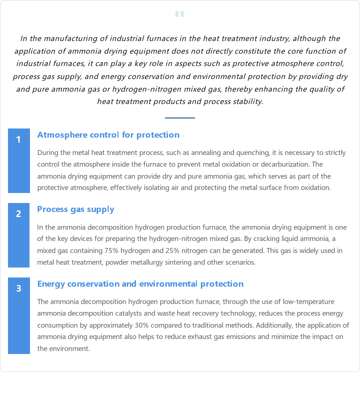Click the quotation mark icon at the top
[180, 14]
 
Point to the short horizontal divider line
[180, 118]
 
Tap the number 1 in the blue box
[19, 140]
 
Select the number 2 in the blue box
[19, 214]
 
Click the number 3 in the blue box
[19, 289]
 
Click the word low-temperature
[308, 302]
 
